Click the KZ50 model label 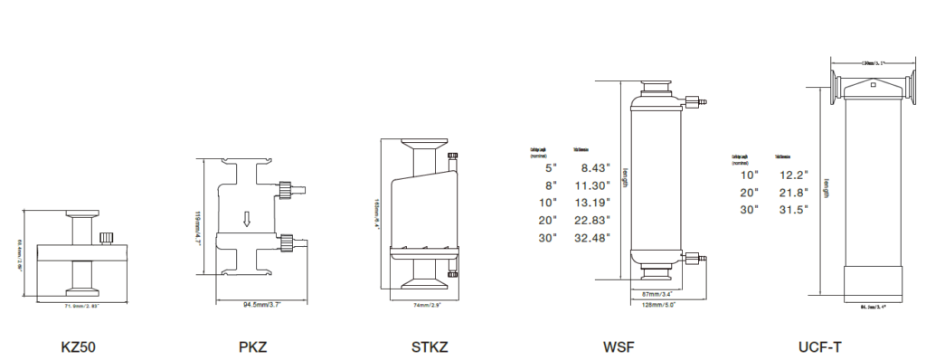(79, 346)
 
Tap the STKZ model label (429, 346)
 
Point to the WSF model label (623, 346)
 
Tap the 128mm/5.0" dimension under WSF (658, 306)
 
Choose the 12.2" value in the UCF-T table (793, 175)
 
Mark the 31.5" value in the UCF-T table (793, 210)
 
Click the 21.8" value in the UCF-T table (793, 193)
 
